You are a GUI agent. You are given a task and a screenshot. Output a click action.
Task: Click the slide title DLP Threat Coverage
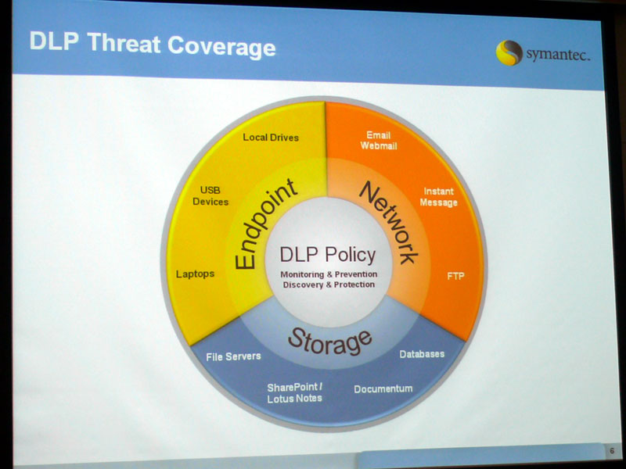click(x=153, y=45)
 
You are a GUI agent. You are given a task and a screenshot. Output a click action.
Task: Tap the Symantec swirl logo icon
click(x=509, y=52)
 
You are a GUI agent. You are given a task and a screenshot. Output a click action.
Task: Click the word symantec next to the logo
click(x=558, y=55)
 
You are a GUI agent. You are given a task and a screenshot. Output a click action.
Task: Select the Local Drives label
click(x=271, y=138)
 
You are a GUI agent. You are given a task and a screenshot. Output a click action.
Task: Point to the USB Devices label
click(x=210, y=196)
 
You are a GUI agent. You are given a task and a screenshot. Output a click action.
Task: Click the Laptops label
click(x=195, y=274)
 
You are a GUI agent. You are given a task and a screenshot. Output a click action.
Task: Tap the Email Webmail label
click(x=379, y=141)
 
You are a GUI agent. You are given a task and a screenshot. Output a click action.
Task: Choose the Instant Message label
click(x=438, y=197)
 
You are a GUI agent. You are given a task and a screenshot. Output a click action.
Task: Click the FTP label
click(x=455, y=276)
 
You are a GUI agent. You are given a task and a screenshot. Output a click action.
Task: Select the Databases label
click(x=422, y=354)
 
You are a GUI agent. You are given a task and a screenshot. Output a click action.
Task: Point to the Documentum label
click(x=383, y=388)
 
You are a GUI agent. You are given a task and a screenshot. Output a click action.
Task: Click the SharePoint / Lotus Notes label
click(x=295, y=393)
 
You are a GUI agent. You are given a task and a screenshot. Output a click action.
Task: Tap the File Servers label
click(x=233, y=356)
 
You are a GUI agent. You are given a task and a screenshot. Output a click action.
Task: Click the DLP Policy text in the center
click(x=328, y=255)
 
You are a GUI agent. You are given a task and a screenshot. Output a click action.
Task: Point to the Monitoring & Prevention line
click(x=329, y=274)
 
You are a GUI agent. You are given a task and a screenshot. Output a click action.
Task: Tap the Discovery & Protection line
click(x=329, y=285)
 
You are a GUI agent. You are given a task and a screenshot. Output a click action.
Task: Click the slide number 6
click(x=612, y=451)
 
